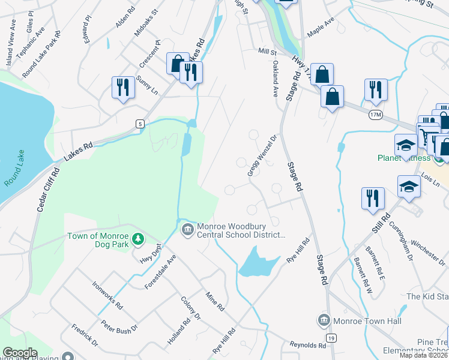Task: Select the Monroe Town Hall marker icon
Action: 324,320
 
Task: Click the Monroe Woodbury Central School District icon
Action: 188,229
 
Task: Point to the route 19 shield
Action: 331,339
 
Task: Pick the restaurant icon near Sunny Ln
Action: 122,88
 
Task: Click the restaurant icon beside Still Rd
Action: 373,198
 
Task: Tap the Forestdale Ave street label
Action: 160,272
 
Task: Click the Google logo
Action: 20,353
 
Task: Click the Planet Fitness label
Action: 403,158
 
